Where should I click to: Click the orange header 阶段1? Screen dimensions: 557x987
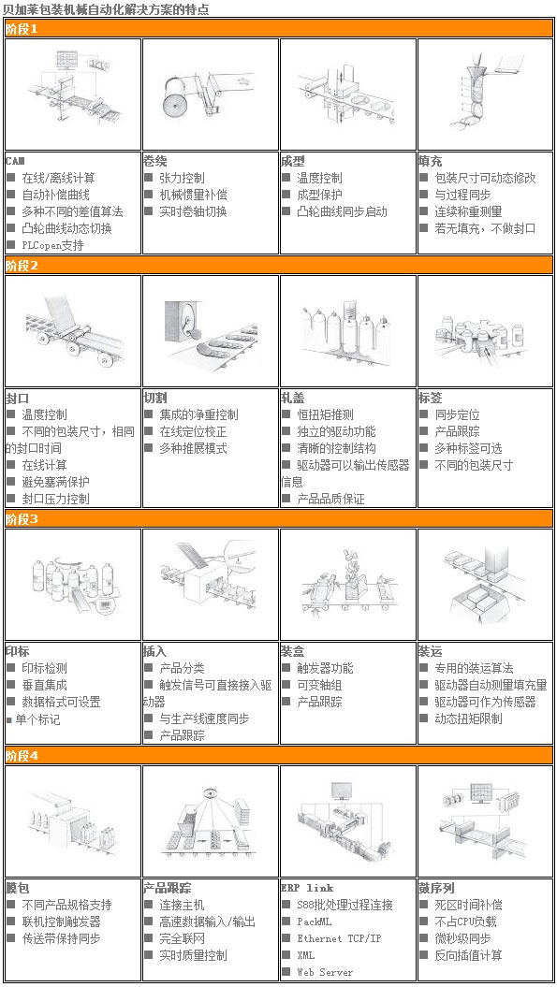[x=279, y=29]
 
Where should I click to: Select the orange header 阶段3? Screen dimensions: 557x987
[x=279, y=519]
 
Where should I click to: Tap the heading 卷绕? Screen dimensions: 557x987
[x=155, y=161]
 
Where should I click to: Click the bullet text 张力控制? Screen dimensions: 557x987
[x=182, y=178]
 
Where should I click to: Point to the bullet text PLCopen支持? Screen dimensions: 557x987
[x=52, y=245]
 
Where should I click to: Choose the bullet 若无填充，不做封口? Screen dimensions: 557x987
[x=485, y=228]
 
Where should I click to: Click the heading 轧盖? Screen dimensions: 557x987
[x=292, y=398]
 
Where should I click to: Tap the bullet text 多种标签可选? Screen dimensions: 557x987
[x=468, y=448]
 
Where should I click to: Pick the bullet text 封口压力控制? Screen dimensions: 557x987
[x=55, y=500]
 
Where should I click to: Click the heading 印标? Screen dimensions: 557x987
[x=17, y=651]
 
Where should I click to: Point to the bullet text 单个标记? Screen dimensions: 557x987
[x=37, y=718]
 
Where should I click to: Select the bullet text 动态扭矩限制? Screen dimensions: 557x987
[x=468, y=718]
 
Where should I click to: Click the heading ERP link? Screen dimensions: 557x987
[x=307, y=888]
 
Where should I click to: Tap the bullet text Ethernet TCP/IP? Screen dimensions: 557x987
[x=339, y=938]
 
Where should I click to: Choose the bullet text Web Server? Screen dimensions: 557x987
[x=325, y=973]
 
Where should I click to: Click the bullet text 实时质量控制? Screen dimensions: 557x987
[x=193, y=955]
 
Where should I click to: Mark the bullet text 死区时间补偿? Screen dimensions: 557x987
[x=468, y=906]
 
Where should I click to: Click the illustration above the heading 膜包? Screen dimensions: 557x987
[x=73, y=821]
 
